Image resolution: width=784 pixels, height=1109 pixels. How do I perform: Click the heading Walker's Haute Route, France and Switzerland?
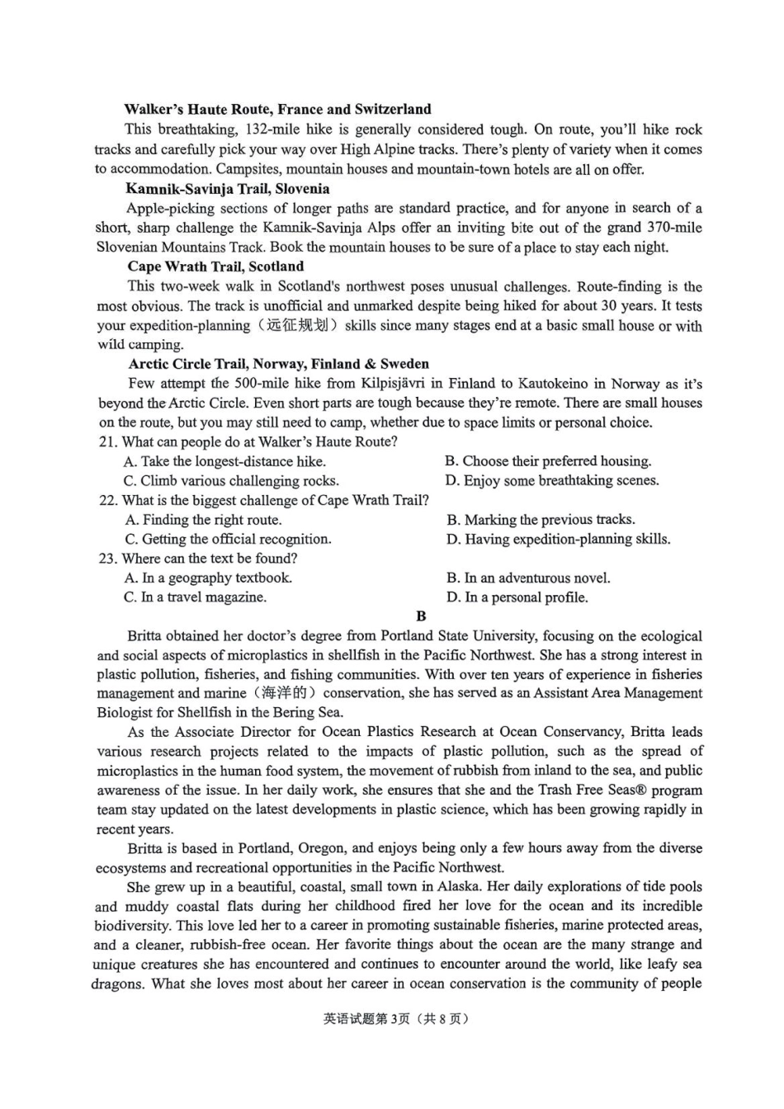point(277,109)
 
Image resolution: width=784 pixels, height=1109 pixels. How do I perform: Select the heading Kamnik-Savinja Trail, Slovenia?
point(227,189)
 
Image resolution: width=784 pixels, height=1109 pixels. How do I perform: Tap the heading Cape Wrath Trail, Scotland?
point(215,267)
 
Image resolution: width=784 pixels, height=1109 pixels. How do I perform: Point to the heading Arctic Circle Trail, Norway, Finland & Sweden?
point(278,364)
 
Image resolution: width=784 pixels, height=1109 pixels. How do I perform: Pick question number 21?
point(107,442)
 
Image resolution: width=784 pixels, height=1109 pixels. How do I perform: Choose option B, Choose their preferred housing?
point(548,461)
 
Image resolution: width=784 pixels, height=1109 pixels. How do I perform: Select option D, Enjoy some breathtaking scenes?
point(552,480)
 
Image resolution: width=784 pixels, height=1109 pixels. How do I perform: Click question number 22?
point(107,501)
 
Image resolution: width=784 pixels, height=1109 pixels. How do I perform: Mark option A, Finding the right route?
point(203,520)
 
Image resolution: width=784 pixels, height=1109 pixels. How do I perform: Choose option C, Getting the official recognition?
point(228,540)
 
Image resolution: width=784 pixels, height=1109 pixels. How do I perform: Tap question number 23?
point(107,559)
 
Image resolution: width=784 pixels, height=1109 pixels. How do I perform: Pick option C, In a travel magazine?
point(196,597)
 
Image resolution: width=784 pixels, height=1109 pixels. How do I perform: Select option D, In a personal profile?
point(517,597)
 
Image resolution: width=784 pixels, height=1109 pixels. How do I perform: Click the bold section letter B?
point(421,616)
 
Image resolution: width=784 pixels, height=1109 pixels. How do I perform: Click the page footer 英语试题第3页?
point(366,1019)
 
